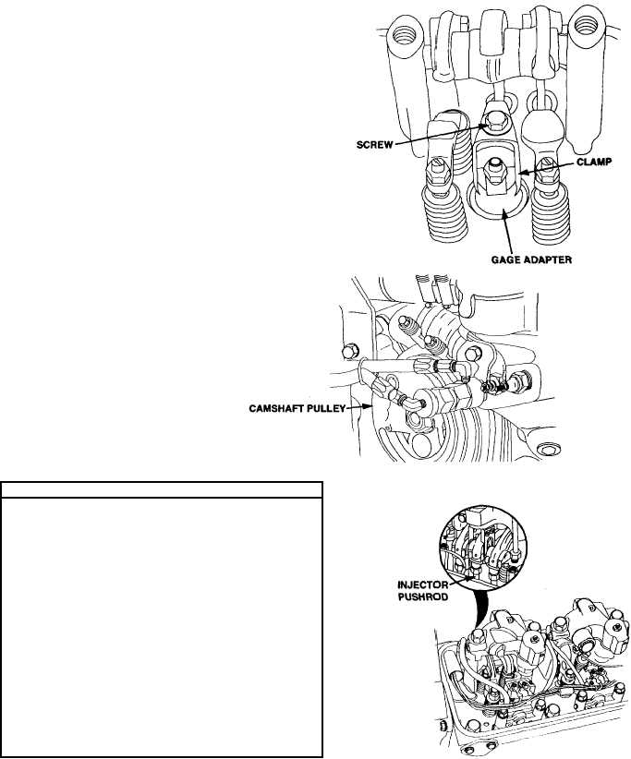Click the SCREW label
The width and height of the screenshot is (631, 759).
click(374, 144)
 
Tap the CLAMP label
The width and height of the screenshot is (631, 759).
click(594, 163)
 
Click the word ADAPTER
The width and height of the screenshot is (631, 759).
click(547, 260)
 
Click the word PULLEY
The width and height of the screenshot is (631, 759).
click(327, 408)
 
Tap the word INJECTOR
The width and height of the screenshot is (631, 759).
click(423, 584)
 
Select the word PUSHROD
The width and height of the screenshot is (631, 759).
click(423, 596)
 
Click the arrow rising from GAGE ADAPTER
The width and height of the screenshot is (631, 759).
click(507, 234)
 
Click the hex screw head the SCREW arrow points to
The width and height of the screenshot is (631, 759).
click(492, 122)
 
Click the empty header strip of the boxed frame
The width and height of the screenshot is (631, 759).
click(162, 490)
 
